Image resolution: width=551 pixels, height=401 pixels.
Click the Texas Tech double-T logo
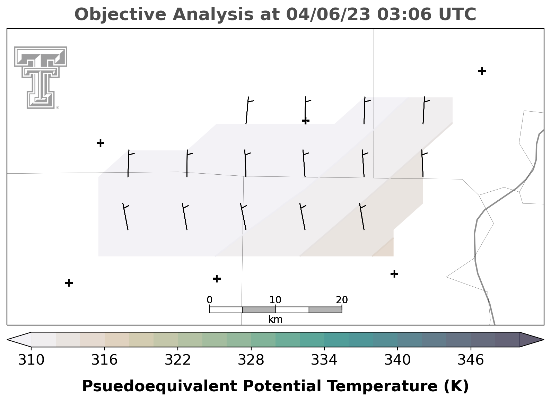[x=40, y=77]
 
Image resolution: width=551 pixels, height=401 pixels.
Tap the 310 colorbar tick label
[x=31, y=360]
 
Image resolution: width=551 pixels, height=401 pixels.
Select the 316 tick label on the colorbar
[x=104, y=360]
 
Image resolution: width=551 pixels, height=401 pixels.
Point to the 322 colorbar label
[x=177, y=360]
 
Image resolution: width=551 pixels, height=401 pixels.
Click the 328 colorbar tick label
[x=251, y=360]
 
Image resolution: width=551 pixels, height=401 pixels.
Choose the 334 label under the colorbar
[x=324, y=360]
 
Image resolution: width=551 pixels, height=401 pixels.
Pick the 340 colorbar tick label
[x=397, y=360]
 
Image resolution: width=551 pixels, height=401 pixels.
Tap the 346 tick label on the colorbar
[x=471, y=360]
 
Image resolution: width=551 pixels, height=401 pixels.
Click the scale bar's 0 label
[x=210, y=300]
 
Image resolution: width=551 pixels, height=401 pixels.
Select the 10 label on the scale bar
[x=275, y=300]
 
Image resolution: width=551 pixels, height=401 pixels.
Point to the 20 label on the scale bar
[x=342, y=300]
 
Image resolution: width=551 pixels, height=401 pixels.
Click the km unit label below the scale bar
[x=275, y=319]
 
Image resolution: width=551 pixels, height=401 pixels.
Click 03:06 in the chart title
[x=404, y=14]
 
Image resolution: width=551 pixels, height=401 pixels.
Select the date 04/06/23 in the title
[x=328, y=15]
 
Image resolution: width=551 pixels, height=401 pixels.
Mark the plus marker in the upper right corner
[x=482, y=71]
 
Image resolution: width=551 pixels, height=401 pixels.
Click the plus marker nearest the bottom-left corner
[x=69, y=283]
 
